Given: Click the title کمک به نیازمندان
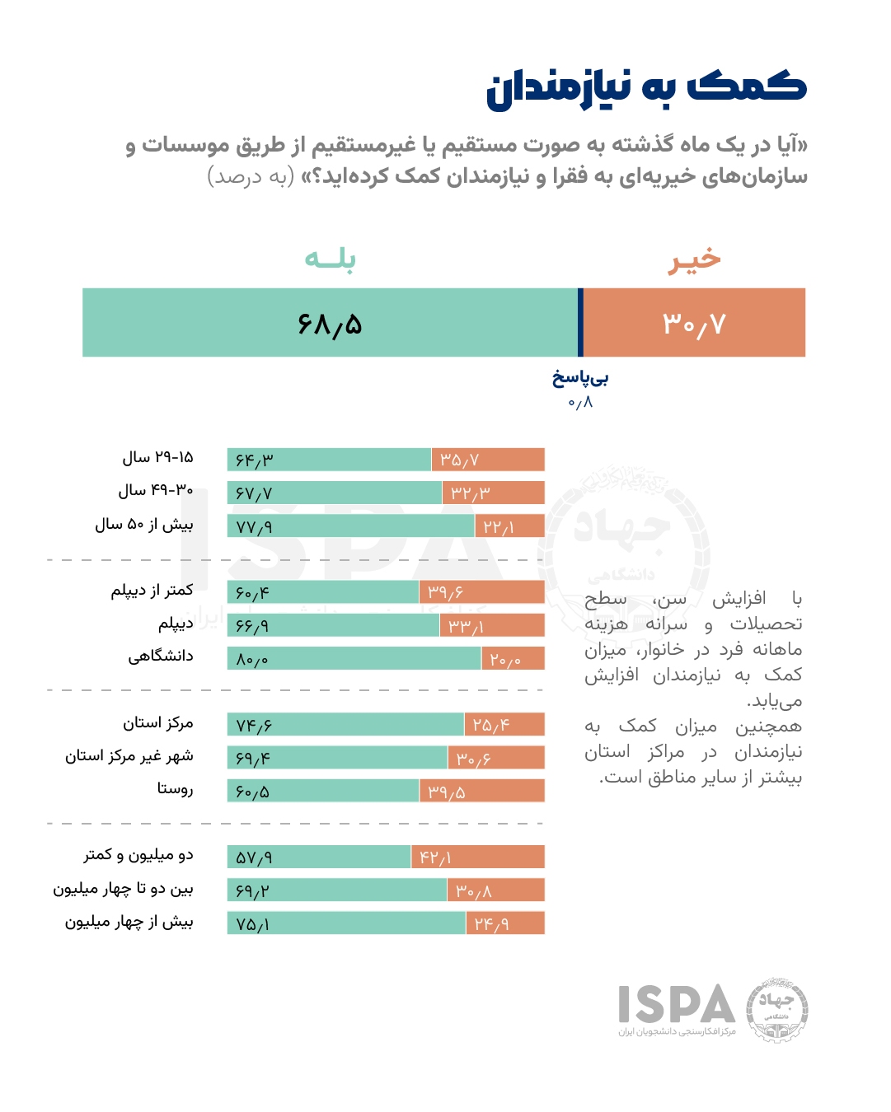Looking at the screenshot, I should (645, 87).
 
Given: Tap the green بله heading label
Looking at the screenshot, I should (330, 259).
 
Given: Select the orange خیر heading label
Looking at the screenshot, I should (694, 259).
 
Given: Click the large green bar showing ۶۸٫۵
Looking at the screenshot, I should (330, 323).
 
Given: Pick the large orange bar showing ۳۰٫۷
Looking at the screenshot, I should (694, 323).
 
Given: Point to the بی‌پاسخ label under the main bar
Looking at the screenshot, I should (580, 379).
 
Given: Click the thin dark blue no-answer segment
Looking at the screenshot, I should (580, 323).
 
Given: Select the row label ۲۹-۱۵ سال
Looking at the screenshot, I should (157, 457).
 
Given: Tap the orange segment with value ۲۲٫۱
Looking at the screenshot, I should (509, 526).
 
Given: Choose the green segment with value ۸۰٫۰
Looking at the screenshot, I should (354, 659).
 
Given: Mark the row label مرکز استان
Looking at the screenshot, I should (157, 723).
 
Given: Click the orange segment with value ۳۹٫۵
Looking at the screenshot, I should (481, 792).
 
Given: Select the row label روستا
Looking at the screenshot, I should (175, 789).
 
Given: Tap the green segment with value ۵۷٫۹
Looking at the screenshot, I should (319, 857).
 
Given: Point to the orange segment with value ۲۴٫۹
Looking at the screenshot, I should (504, 923).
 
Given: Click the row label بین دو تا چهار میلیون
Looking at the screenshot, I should (123, 889).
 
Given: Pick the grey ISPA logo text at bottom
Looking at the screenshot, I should (677, 1005).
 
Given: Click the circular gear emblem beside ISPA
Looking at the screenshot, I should (776, 1010).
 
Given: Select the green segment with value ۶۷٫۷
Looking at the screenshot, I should (334, 493).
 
